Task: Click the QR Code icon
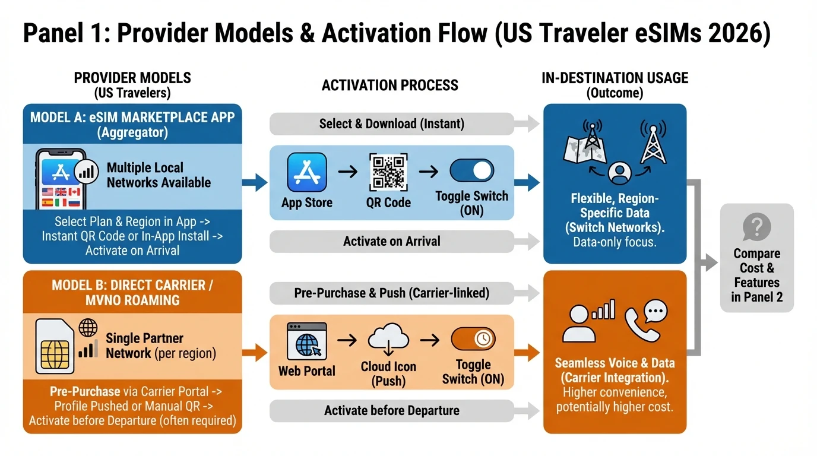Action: pos(388,172)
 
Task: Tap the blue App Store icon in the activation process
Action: pos(306,172)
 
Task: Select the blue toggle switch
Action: pos(471,171)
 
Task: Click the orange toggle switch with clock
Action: pos(473,339)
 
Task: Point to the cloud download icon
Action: pos(388,340)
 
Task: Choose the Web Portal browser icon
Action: pos(306,341)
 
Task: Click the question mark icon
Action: pos(756,227)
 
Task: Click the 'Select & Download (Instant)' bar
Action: pos(391,123)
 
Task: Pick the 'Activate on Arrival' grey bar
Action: pos(391,241)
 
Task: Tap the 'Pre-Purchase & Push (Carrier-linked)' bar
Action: pos(391,293)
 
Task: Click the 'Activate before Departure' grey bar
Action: pos(391,410)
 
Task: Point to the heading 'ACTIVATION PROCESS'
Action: pos(389,85)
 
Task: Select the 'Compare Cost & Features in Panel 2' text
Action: pos(756,275)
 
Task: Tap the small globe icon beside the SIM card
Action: pos(88,327)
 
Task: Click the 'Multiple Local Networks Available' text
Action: pos(159,175)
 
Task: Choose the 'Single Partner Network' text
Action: pos(145,346)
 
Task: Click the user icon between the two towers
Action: pos(619,173)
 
